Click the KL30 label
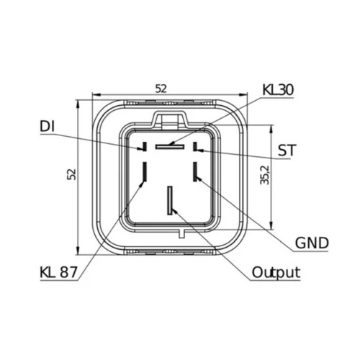(278, 90)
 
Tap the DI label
(48, 126)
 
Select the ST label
(287, 150)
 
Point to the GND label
(312, 243)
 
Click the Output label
(276, 272)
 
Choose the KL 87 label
(59, 272)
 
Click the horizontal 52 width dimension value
(161, 89)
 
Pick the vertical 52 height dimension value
(71, 174)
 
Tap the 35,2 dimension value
(265, 175)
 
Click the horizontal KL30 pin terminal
(170, 146)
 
